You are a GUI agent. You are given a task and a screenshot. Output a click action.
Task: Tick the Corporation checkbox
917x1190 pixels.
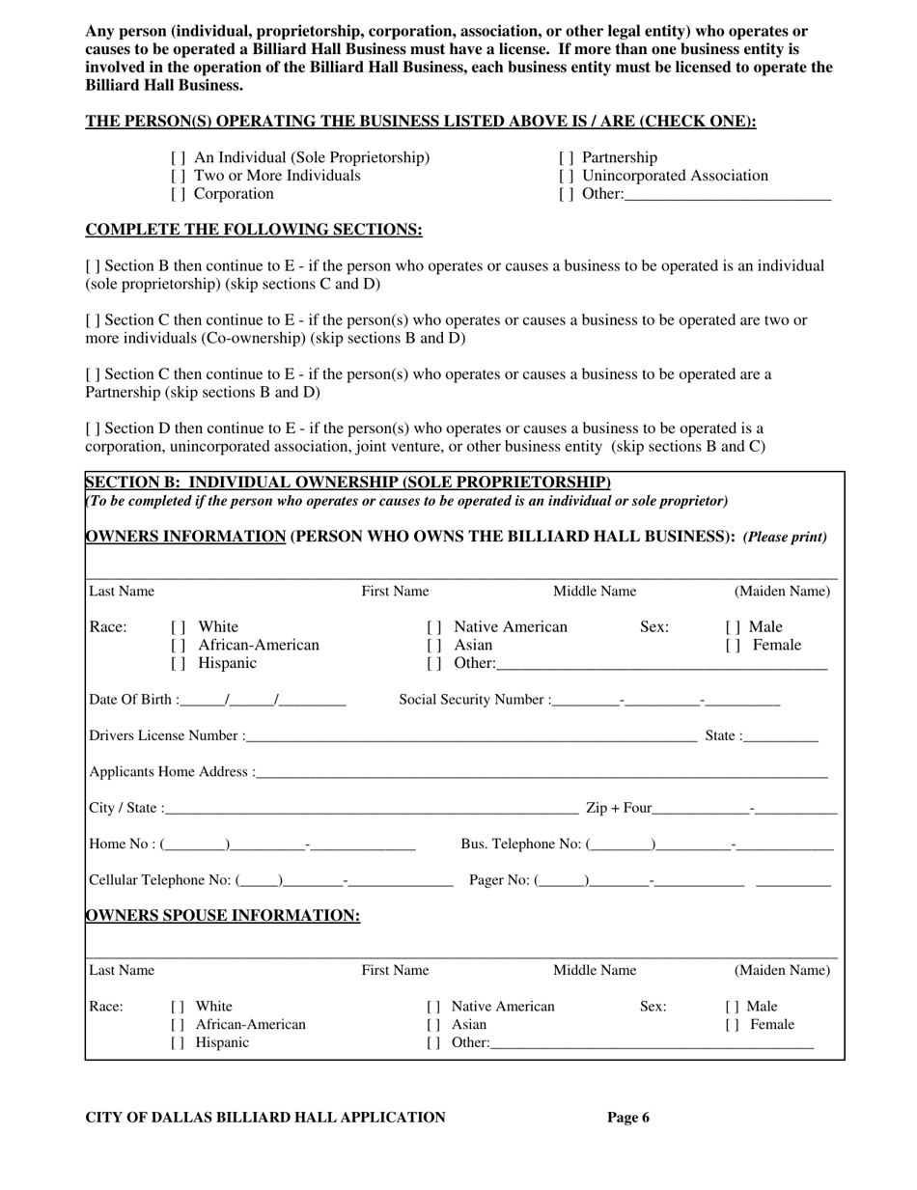point(178,194)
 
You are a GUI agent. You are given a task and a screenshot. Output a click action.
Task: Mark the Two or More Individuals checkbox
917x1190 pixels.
point(178,177)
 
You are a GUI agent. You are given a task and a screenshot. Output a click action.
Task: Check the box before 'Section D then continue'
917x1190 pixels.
point(92,429)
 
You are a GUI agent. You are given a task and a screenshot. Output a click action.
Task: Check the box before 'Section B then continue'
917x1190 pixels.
point(92,266)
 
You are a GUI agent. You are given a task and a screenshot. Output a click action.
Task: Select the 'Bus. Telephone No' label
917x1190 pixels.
point(521,845)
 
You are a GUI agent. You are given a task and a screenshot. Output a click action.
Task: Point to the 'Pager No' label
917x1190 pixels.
point(499,880)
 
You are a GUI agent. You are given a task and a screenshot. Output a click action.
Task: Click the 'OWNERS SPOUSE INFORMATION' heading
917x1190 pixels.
point(223,916)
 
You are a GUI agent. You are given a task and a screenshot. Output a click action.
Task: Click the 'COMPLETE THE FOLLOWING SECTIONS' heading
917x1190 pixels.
point(254,230)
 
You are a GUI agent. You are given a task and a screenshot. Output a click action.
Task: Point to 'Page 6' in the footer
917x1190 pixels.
point(628,1118)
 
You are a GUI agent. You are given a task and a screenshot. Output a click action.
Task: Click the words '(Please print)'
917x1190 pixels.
point(785,538)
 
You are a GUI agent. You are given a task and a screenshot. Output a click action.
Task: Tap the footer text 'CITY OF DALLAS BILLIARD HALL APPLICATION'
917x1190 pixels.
point(265,1118)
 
